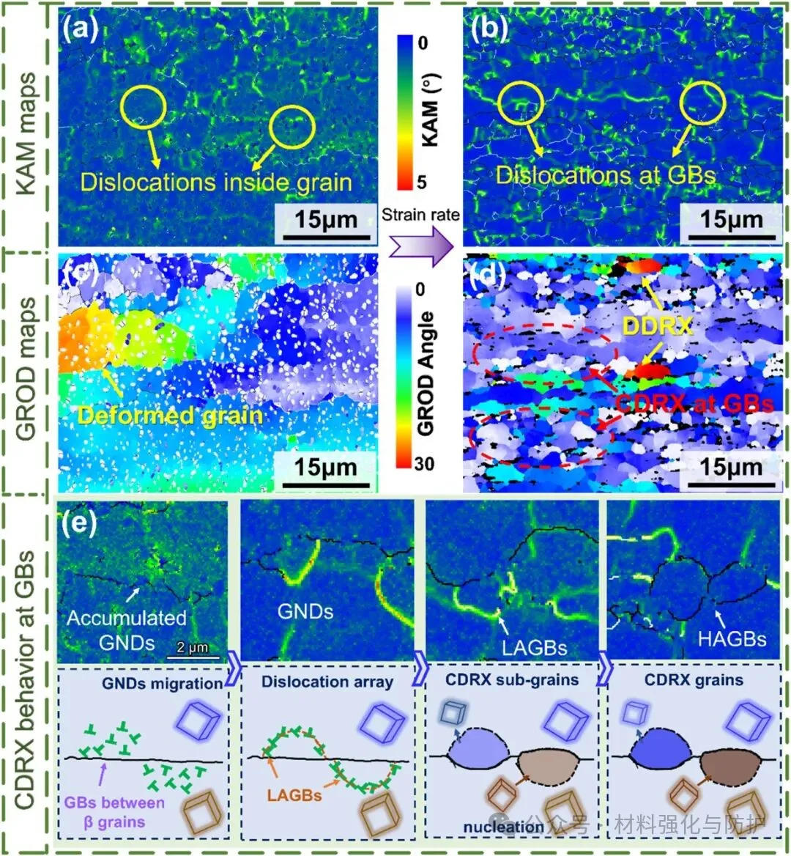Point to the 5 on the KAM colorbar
coord(421,181)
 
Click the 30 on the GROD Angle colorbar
coord(423,463)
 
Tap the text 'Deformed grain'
coord(170,416)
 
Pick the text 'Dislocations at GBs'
coord(605,174)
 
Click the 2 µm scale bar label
coord(193,647)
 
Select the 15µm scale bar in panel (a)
coord(326,220)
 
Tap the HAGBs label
coord(732,638)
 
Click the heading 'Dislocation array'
coord(327,681)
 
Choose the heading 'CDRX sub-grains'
coord(512,679)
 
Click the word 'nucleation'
coord(503,827)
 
